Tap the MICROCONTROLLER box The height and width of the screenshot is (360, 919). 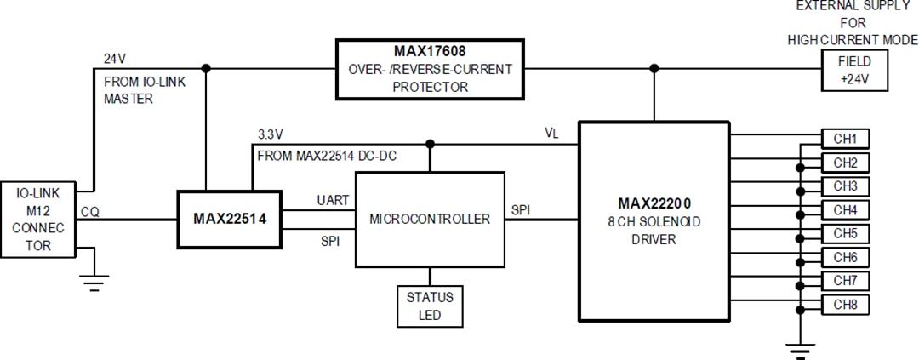point(430,219)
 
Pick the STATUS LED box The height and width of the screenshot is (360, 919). point(430,306)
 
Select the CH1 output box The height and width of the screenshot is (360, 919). point(844,139)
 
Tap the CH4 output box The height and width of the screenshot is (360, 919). point(844,209)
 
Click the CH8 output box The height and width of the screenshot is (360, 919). point(844,304)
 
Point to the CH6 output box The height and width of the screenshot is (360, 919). point(844,257)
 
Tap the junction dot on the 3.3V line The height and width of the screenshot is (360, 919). point(430,144)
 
